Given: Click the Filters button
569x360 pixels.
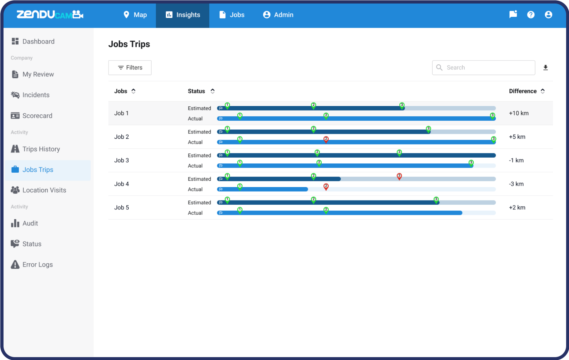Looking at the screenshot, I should click(130, 68).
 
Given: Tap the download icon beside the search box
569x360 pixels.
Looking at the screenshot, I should click(546, 68).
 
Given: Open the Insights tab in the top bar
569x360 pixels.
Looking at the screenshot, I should click(183, 15).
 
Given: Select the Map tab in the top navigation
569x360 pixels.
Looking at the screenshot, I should click(135, 15).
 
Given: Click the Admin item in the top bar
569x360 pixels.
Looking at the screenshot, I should click(278, 15).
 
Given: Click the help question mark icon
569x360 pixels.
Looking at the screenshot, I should click(531, 15).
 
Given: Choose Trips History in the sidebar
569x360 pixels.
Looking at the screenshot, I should click(41, 149).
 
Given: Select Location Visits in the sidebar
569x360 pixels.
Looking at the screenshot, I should click(44, 190).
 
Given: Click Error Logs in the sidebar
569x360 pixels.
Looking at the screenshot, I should click(37, 265).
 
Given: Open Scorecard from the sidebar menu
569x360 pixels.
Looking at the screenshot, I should click(37, 116).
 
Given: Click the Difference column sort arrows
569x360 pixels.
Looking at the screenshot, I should click(543, 91).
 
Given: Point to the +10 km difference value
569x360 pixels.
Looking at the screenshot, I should click(519, 113).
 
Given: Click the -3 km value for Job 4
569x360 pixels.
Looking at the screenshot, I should click(516, 184).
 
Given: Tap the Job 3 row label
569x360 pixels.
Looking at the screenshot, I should click(122, 160).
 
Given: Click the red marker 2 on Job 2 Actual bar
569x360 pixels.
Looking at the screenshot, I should click(326, 139).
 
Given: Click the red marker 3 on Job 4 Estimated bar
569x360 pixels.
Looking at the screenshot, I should click(399, 176).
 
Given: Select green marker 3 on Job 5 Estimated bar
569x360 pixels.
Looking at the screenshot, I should click(436, 200).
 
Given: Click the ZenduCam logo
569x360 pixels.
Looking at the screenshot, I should click(50, 15).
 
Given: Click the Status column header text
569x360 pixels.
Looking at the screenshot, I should click(196, 91).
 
